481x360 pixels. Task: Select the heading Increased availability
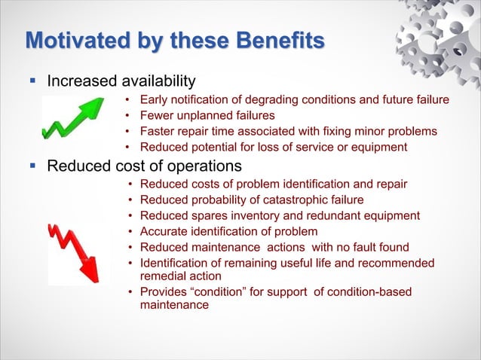(x=121, y=81)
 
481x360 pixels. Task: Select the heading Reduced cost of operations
(x=144, y=165)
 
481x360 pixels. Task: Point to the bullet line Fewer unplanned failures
(x=207, y=115)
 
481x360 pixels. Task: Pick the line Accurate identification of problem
(x=228, y=231)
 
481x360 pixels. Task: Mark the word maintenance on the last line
(x=174, y=305)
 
